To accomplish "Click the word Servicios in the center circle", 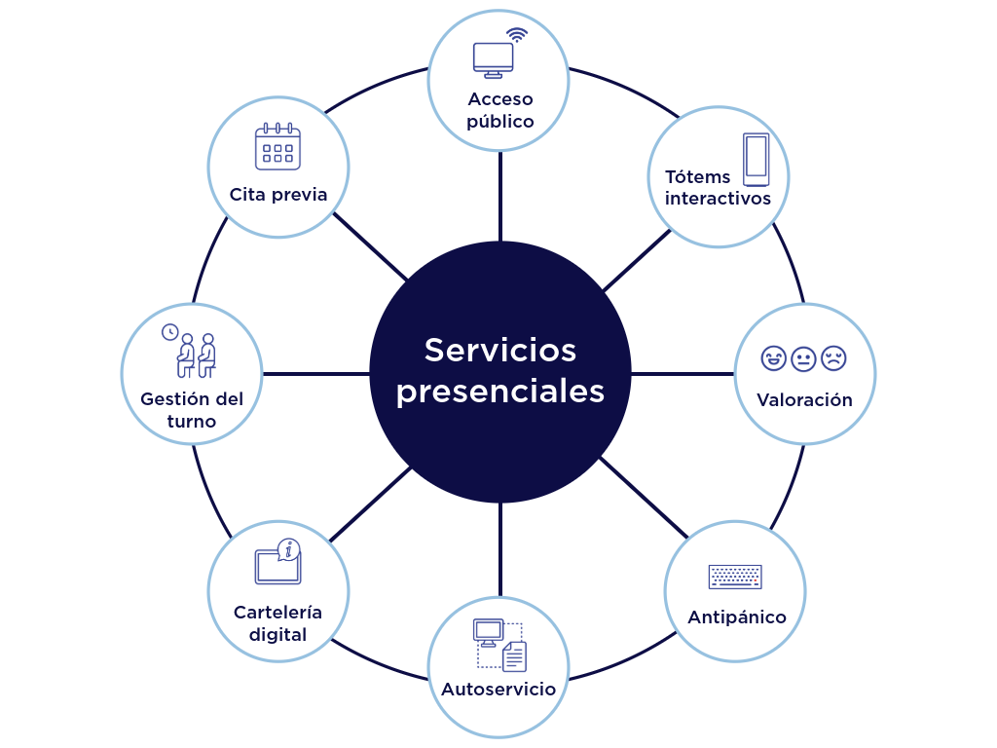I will [499, 350].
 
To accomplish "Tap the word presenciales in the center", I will [499, 392].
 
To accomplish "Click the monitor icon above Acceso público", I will [493, 58].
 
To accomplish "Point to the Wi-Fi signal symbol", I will [517, 35].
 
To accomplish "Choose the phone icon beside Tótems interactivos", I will [756, 159].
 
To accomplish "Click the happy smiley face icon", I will [773, 358].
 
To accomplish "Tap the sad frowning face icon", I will [833, 358].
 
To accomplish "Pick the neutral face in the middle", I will [803, 358].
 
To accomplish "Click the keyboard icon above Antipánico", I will [735, 577].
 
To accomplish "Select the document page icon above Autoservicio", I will [514, 656].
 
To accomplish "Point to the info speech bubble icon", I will [287, 549].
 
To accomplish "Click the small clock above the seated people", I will [169, 332].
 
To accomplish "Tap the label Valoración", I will [804, 400].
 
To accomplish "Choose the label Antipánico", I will [736, 617].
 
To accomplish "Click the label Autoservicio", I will [498, 690].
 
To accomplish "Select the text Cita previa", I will [278, 195].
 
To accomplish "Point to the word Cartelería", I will [277, 613].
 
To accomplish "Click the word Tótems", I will [697, 176].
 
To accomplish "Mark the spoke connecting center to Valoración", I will [683, 374].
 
